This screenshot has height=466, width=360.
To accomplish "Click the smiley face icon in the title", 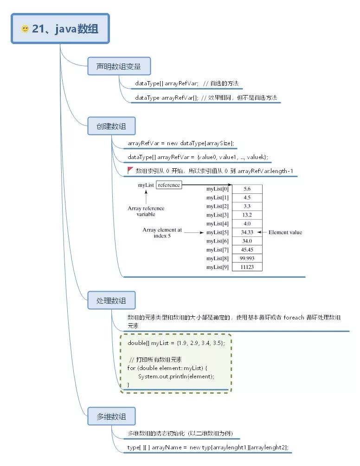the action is tap(25, 29).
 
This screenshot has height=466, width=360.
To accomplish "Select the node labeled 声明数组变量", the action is tap(119, 66).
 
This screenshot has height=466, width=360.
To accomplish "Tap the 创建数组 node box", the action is tap(111, 126).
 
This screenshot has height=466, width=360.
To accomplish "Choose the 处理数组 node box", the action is tap(111, 300).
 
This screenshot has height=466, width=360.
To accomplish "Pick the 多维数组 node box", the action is tap(111, 416).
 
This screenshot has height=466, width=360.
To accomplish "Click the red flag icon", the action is tap(130, 170).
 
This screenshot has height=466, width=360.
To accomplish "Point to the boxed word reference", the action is tap(169, 185).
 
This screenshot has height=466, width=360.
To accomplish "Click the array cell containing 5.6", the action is tap(247, 189).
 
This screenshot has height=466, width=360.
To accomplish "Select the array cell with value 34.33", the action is tap(247, 232).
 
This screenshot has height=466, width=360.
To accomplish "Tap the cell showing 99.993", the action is tap(247, 258).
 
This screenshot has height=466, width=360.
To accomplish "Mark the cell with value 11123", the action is tap(247, 267).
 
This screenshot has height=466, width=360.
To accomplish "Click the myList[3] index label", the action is tap(217, 215).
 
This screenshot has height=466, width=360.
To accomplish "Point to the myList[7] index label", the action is tap(217, 249).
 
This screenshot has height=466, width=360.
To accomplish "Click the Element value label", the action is tap(285, 232).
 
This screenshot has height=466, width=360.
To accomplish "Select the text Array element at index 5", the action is tap(162, 233).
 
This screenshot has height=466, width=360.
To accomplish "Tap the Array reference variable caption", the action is tap(146, 211).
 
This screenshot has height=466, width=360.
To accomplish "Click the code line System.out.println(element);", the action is tap(176, 376).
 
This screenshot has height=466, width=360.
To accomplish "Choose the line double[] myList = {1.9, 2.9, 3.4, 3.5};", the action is tap(176, 343).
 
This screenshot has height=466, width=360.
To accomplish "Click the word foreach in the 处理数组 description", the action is tap(294, 318).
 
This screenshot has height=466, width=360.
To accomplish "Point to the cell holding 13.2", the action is tap(247, 215).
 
